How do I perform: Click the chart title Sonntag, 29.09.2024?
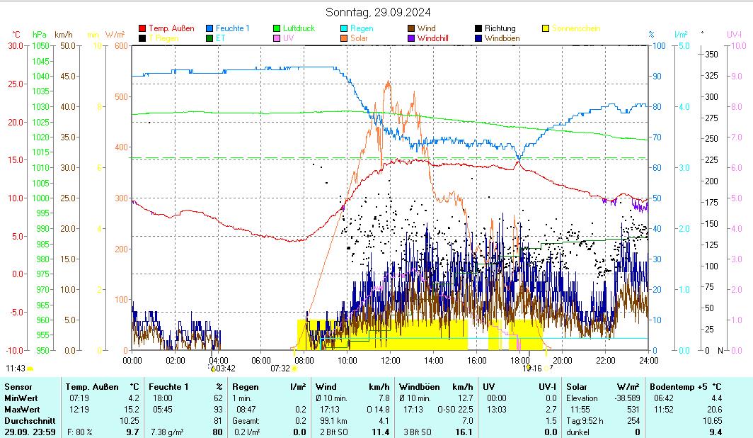(x=378, y=12)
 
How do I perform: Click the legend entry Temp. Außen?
(x=171, y=28)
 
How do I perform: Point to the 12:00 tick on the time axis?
(x=390, y=360)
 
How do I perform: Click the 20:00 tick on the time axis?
(x=562, y=360)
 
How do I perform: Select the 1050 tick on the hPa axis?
(x=40, y=46)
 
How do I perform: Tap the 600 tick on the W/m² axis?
(x=120, y=46)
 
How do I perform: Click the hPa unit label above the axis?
(x=40, y=34)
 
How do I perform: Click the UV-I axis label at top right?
(x=734, y=34)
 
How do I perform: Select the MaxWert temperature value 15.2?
(x=132, y=410)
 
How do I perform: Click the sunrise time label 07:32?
(x=280, y=368)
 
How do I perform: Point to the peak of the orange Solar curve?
(x=388, y=82)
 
